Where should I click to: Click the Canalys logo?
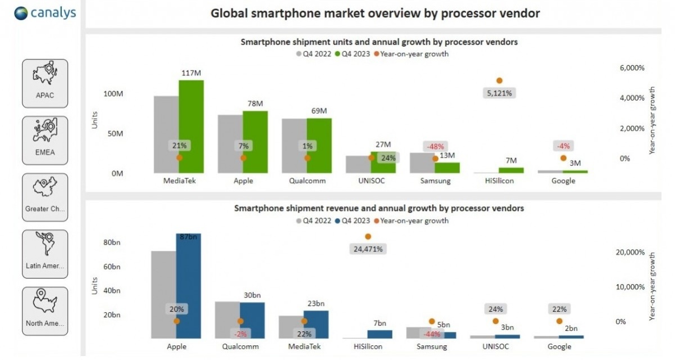pos(45,13)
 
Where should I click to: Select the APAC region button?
pos(45,83)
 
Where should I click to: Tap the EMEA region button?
pos(45,140)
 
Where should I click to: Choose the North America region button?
pos(45,311)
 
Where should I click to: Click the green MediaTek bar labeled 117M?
pos(191,127)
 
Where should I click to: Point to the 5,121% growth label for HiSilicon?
pos(499,93)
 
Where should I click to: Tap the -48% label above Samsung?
pos(435,146)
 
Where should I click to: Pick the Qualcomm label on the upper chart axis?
pos(307,181)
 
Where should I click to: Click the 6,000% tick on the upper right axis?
pos(632,68)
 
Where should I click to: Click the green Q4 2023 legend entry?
pos(353,55)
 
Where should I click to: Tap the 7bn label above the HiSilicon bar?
pos(380,323)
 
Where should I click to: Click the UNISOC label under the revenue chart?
pos(495,347)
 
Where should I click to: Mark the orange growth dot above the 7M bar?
pos(499,81)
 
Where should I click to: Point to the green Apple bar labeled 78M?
pos(255,142)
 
